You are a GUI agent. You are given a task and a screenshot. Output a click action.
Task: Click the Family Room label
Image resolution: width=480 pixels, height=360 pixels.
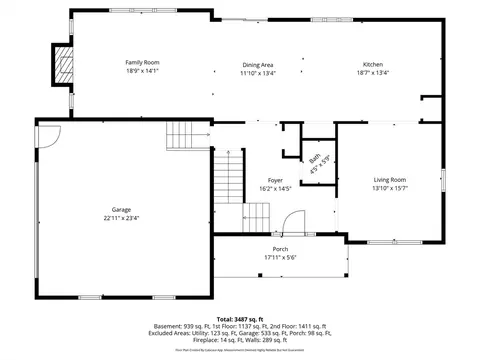[x=142, y=62]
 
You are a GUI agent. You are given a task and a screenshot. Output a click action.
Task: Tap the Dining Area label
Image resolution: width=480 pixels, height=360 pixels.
[x=257, y=62]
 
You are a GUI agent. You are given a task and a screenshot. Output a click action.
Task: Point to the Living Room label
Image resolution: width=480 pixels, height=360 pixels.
[x=390, y=179]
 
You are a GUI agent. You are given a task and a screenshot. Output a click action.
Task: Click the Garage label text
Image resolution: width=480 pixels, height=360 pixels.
[x=121, y=209]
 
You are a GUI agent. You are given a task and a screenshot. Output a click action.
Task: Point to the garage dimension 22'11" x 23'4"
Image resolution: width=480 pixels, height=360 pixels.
[x=121, y=218]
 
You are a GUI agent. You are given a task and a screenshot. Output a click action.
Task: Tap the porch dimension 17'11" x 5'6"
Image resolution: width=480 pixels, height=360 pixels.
[x=280, y=257]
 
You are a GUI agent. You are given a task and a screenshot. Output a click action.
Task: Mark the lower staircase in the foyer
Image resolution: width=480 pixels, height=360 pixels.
[x=258, y=215]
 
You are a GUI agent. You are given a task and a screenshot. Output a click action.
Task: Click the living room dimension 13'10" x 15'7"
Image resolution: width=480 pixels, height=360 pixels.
[x=390, y=188]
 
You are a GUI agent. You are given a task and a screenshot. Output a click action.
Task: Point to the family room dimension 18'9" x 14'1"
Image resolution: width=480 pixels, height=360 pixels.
[x=142, y=71]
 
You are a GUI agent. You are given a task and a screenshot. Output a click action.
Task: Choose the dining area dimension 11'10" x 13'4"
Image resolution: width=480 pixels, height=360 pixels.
[x=257, y=71]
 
